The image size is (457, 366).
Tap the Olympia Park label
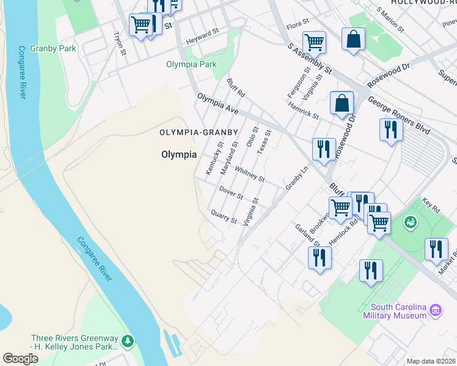(x=191, y=64)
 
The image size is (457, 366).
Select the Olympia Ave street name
(x=217, y=103)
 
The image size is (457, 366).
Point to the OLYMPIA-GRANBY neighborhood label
(x=199, y=132)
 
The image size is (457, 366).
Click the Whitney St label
(x=249, y=175)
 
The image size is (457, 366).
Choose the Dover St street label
(x=232, y=193)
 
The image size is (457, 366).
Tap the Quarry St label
(x=223, y=216)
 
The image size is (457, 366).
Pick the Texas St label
(x=263, y=142)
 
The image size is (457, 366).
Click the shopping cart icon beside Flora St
(x=314, y=42)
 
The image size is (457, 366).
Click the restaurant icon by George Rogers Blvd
(x=389, y=129)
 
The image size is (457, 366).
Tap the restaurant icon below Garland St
(x=320, y=257)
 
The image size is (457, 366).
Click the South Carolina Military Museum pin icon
(x=436, y=310)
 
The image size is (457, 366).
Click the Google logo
(x=21, y=359)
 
